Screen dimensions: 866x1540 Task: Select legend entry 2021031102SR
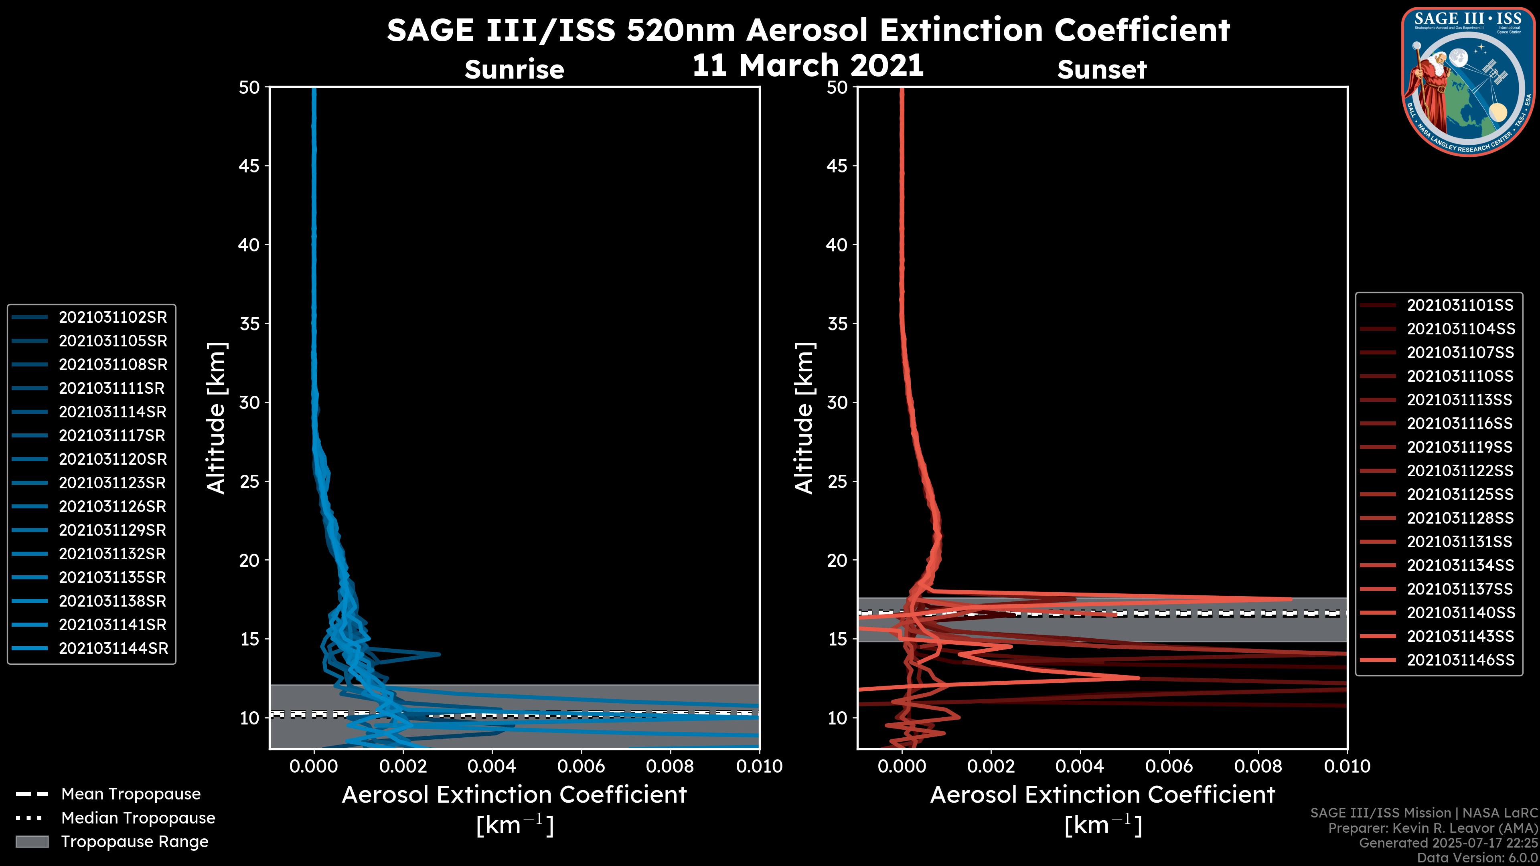pos(112,318)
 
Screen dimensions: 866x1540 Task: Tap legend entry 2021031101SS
pos(1460,306)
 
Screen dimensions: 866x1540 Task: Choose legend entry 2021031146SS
pos(1460,660)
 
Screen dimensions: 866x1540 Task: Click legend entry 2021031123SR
pos(112,483)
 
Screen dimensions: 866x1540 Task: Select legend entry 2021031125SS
pos(1460,494)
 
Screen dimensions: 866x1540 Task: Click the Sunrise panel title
pos(514,70)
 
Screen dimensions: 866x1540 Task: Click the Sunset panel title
pos(1102,70)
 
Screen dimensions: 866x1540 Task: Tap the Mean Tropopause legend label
pos(131,794)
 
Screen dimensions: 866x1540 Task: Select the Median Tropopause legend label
pos(138,818)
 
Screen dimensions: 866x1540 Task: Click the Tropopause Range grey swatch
pos(32,842)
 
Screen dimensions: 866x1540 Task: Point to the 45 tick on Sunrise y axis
pos(249,166)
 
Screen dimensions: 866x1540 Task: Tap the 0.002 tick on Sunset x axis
pos(991,766)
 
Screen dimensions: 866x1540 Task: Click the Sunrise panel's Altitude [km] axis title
pos(216,418)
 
